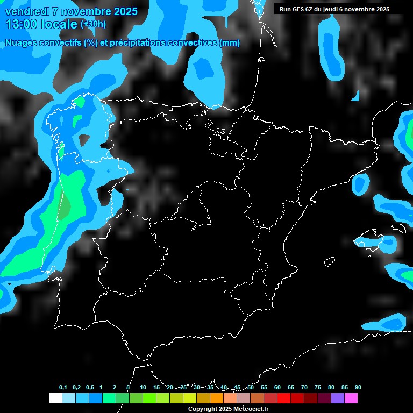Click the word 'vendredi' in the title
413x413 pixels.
(x=26, y=11)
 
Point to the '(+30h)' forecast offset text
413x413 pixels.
(x=93, y=24)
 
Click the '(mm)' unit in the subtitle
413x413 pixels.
(x=230, y=43)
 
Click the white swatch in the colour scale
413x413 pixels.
(x=55, y=398)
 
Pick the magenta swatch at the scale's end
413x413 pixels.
(x=351, y=398)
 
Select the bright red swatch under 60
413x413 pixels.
(x=284, y=398)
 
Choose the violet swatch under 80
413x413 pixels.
(x=338, y=398)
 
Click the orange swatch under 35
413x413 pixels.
(x=217, y=398)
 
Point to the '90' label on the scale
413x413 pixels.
(x=358, y=388)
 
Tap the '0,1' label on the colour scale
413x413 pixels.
(x=63, y=388)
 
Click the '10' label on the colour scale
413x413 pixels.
(x=143, y=388)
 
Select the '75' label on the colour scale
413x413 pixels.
(x=318, y=388)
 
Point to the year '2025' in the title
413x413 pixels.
(x=124, y=11)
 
